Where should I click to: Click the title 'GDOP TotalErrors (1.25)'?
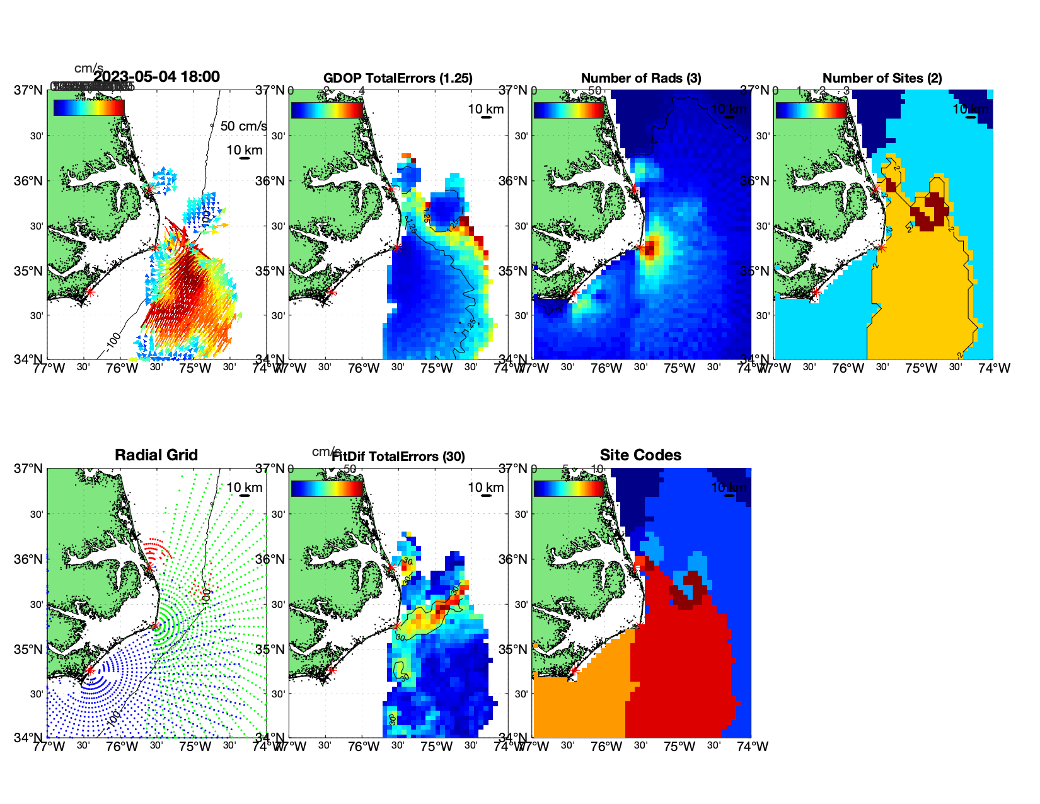pos(398,78)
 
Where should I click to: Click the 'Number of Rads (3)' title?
pos(641,78)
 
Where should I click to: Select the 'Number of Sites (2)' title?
pos(882,78)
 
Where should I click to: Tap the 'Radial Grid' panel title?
pos(156,455)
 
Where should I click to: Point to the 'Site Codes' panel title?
pos(640,455)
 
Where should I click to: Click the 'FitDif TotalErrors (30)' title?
pos(398,457)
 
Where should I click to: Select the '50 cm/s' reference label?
pos(243,126)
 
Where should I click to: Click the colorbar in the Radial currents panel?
pos(89,108)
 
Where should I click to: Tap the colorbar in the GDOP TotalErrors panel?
pos(326,110)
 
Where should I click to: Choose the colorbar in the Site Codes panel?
pos(569,488)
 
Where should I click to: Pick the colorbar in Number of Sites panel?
pos(811,110)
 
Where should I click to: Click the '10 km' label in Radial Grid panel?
pos(245,487)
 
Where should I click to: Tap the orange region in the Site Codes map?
pos(580,700)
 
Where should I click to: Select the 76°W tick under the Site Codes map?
pos(606,747)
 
